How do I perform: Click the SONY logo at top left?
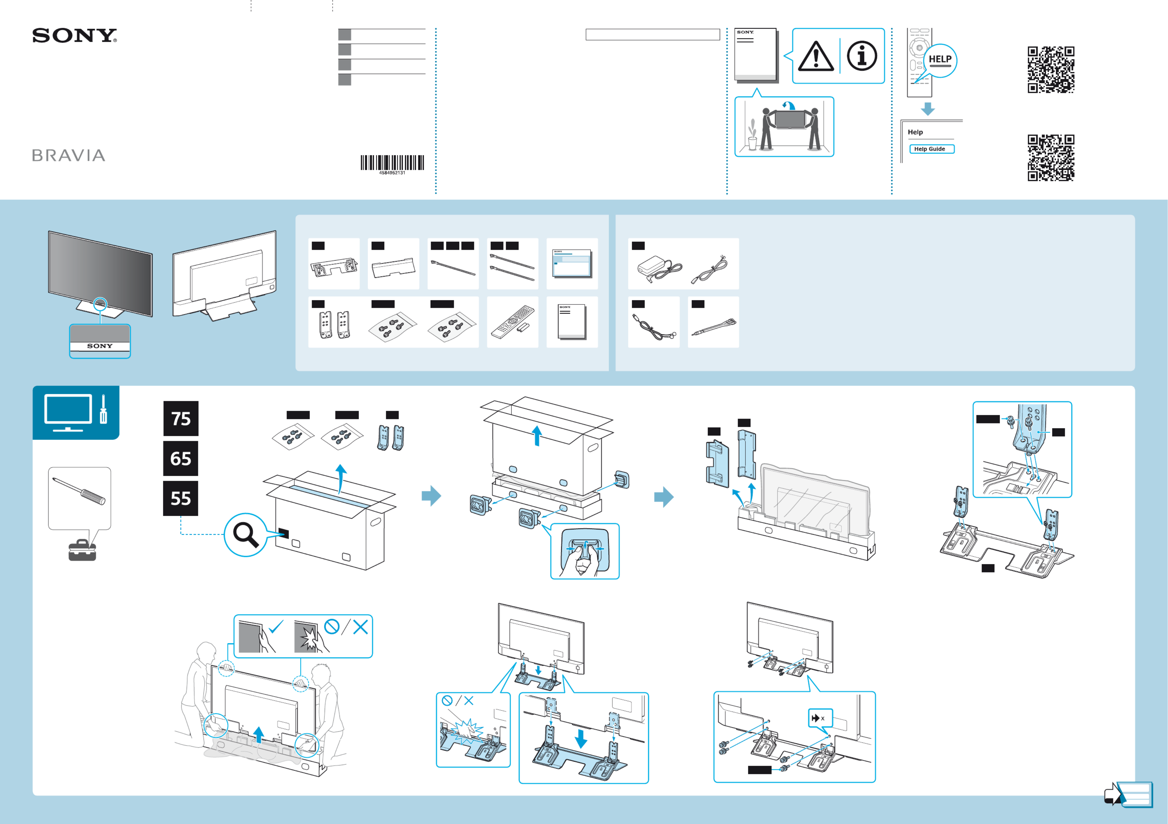point(74,36)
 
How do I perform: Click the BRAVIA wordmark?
point(69,156)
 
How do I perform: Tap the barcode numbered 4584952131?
point(392,163)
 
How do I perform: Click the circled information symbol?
point(862,56)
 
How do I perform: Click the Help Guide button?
point(931,149)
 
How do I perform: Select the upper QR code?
point(1051,70)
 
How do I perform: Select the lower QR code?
point(1051,157)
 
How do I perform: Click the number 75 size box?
point(181,418)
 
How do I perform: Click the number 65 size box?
point(181,458)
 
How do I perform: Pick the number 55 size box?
point(181,498)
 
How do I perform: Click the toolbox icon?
point(82,550)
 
